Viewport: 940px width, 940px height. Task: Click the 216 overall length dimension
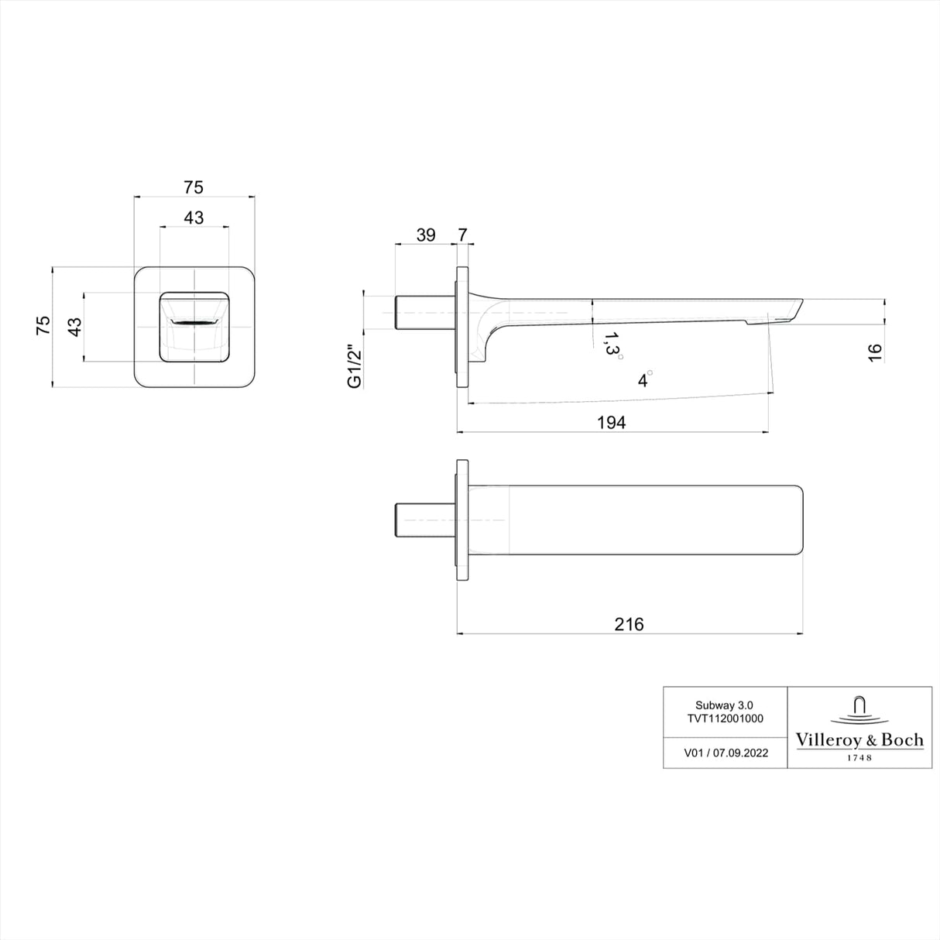pos(629,624)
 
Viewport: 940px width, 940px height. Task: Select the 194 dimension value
pos(611,421)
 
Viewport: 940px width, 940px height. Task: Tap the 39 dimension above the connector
pos(426,235)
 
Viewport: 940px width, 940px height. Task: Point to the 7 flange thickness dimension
pos(463,235)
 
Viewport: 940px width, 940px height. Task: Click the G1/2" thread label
pos(355,366)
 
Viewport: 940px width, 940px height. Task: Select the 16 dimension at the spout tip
pos(875,352)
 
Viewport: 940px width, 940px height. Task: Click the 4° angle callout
pos(643,379)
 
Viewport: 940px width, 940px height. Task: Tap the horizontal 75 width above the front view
pos(194,187)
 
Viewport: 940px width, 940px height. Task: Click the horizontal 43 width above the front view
pos(194,218)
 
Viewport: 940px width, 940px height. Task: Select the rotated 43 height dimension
pos(74,327)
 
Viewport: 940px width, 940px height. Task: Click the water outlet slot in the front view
pos(194,321)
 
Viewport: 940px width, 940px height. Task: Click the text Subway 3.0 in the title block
pos(725,705)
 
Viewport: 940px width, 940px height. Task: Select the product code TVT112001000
pos(725,718)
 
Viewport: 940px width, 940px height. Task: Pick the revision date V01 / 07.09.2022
pos(726,753)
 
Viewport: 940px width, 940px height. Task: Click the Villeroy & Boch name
pos(859,740)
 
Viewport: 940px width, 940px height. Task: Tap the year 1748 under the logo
pos(859,758)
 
